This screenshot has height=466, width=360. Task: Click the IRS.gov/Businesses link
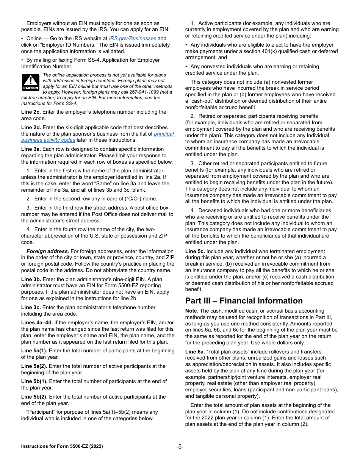132,38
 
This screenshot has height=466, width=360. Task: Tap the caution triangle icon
30,81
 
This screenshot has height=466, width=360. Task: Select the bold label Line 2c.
31,112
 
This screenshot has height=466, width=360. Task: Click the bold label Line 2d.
31,127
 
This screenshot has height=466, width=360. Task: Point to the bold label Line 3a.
31,149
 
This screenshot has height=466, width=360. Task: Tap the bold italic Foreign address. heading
48,251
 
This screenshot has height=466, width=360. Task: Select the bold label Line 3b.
31,279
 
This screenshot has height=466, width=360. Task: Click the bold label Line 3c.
31,307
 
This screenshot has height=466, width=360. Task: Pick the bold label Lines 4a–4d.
37,323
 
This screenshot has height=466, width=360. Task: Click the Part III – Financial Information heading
244,301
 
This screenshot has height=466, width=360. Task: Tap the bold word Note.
191,311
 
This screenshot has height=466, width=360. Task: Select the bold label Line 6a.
195,352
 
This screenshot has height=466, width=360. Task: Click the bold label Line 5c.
195,252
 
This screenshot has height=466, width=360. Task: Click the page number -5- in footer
180,447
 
